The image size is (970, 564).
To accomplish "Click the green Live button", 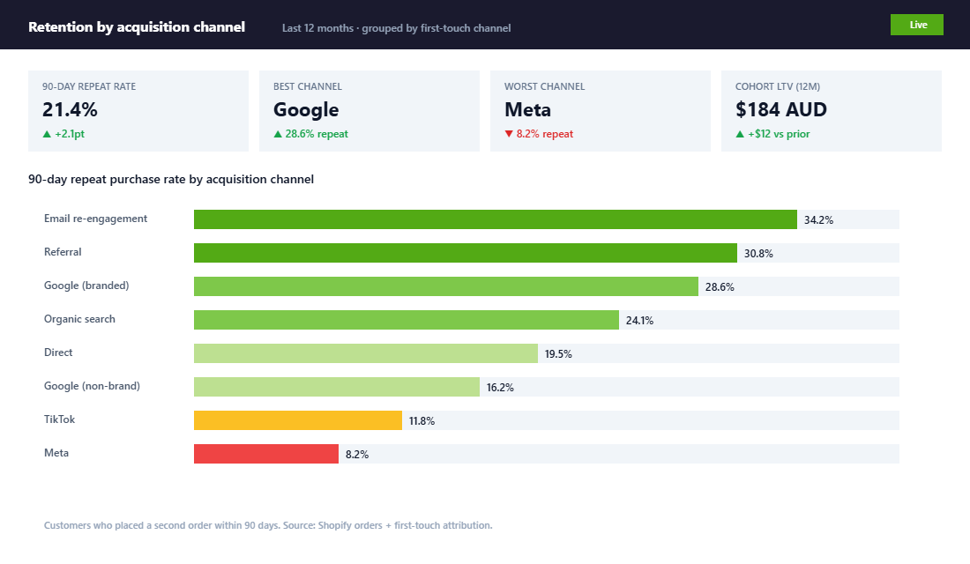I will pos(917,25).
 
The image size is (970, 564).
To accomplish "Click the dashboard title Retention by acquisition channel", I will pos(137,26).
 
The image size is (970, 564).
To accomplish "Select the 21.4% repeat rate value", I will pos(70,110).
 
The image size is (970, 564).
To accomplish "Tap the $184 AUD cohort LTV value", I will pos(781,110).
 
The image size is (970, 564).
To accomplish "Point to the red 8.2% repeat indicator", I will pos(539,134).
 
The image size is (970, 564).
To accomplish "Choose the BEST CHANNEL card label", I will pos(308,86).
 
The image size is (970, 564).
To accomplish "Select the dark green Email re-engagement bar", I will pos(495,219).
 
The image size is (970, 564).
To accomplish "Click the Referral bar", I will pos(465,253).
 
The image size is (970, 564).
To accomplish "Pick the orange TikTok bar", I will pos(297,420).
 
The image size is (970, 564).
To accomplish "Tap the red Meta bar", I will pos(265,454).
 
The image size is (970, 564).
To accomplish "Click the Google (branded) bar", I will pos(445,286).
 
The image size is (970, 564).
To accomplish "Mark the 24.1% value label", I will pos(639,321).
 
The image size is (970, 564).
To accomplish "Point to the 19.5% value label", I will pos(558,354).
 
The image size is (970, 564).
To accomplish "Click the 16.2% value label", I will pos(500,388).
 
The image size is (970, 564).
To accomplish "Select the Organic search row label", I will pos(79,319).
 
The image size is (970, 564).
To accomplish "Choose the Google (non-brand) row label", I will pos(92,386).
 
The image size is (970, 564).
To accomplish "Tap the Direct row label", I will pos(58,352).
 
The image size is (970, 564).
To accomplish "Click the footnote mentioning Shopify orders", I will pos(268,525).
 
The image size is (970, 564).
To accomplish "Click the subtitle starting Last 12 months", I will pos(396,28).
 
